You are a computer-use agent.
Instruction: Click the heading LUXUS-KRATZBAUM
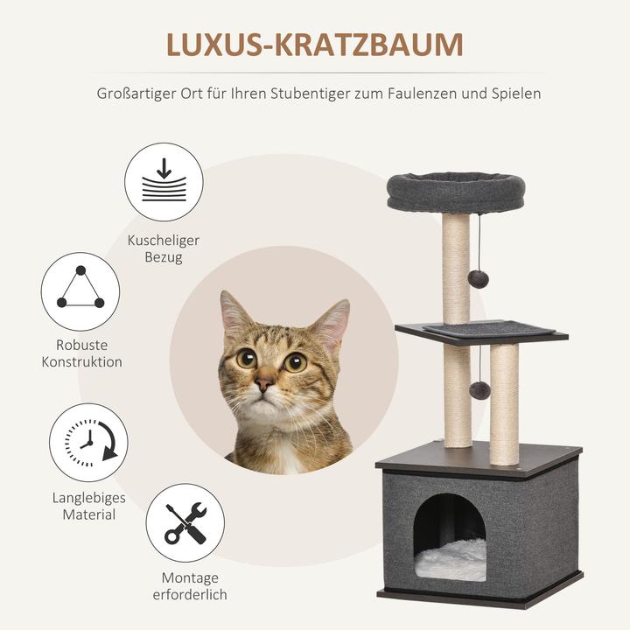(315, 46)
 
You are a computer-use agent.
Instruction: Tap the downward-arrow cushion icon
(164, 182)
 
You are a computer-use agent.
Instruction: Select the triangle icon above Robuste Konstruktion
(80, 291)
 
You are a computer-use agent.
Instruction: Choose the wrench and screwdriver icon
(185, 523)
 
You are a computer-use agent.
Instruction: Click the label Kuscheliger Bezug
(164, 248)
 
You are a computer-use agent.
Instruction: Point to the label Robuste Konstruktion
(82, 353)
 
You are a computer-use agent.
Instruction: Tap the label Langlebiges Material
(88, 506)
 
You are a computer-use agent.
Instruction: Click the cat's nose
(265, 382)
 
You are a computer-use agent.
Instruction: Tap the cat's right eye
(247, 357)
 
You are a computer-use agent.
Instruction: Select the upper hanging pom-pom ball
(478, 278)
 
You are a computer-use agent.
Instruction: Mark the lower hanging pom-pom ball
(479, 390)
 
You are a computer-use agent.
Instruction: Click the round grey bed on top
(456, 191)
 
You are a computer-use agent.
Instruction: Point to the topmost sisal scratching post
(456, 262)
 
